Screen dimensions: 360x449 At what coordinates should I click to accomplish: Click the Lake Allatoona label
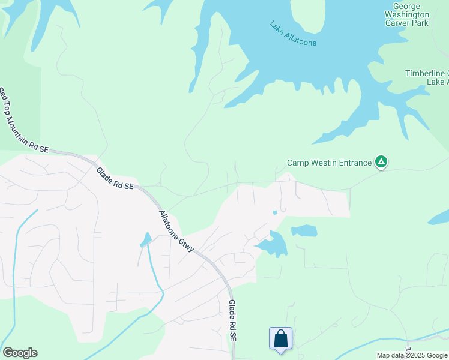(292, 34)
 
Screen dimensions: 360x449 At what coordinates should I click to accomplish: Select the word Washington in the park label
(406, 14)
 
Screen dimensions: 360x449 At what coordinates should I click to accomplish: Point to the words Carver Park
(406, 23)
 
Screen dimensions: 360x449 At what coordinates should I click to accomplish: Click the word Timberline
(424, 73)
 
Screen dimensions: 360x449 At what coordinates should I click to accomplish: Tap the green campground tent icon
(381, 161)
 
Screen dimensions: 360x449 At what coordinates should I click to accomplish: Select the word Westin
(325, 163)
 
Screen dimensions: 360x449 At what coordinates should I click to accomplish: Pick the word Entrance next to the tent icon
(355, 163)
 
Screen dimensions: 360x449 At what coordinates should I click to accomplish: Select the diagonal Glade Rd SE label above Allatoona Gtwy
(115, 178)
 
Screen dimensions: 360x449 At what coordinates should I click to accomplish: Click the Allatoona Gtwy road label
(176, 230)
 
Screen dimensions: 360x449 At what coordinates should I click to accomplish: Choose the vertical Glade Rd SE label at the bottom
(232, 321)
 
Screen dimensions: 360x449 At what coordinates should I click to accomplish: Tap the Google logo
(20, 353)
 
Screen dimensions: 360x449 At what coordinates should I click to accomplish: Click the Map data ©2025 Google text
(412, 355)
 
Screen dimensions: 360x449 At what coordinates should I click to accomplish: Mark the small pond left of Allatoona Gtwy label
(146, 240)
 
